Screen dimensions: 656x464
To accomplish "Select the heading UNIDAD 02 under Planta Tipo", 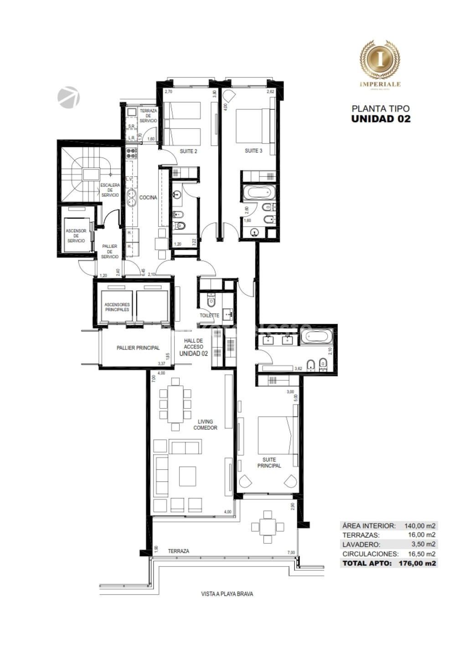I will tap(381, 118).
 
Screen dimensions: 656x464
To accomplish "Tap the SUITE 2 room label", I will tap(188, 151).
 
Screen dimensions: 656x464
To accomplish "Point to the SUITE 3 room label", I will tap(253, 151).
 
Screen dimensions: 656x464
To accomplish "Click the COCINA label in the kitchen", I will tap(149, 198).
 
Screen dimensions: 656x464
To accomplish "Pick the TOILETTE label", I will tap(209, 315).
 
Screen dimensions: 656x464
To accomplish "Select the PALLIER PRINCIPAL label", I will tap(138, 348).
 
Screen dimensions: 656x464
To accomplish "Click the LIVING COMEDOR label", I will tap(205, 425).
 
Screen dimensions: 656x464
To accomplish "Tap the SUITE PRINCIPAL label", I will tap(269, 463).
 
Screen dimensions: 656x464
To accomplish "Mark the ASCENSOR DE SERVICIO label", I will tap(76, 236).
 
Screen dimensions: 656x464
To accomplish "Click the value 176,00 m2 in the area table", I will tap(418, 563).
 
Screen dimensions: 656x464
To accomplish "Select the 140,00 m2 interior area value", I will tap(419, 525).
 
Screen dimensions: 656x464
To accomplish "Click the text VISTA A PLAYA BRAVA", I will tap(227, 594).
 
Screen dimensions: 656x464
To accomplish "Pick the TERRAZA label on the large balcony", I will tap(178, 551).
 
